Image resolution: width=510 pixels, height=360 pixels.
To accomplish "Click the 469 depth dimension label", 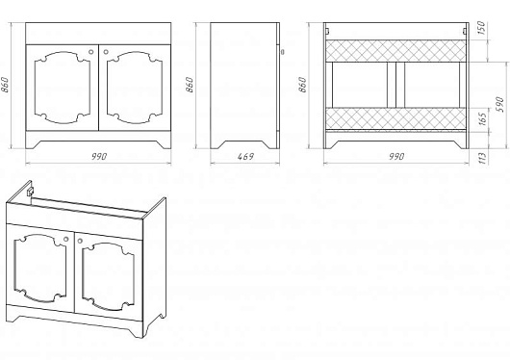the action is pos(245,157).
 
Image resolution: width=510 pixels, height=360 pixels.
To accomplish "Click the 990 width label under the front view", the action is pos(98,157).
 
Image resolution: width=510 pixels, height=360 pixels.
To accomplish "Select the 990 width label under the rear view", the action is pos(396,157).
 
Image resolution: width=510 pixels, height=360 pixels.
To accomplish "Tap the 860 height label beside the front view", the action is pos(5,85).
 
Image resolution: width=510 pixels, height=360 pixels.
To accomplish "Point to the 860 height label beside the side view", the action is pos(190,85).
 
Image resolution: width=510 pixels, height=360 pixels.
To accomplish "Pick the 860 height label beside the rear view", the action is pos(302,85).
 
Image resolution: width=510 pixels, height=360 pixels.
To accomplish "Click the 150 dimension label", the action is pos(482,28).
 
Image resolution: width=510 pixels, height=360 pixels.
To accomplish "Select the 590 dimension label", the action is pos(500,104).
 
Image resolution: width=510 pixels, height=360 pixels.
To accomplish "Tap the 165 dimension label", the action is pos(483,118).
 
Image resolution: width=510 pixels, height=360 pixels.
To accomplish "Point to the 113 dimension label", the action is pos(483,158).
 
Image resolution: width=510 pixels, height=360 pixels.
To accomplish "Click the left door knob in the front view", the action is pos(91,52).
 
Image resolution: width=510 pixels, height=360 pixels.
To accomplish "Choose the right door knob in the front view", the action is pos(106,52).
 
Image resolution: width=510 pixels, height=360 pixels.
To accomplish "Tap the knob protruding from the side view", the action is pos(282,51).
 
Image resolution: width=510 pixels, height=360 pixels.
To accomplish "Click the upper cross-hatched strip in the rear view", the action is pos(395,51).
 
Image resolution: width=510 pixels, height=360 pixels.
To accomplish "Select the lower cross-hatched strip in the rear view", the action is pos(395,118).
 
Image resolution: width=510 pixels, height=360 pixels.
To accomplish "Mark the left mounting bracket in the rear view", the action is pos(328,31).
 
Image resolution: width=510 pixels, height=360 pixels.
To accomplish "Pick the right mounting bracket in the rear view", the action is pos(465,31).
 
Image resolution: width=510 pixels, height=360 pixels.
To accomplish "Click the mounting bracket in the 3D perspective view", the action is pos(30,192).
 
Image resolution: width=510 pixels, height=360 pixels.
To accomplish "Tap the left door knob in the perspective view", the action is pos(66,240).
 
